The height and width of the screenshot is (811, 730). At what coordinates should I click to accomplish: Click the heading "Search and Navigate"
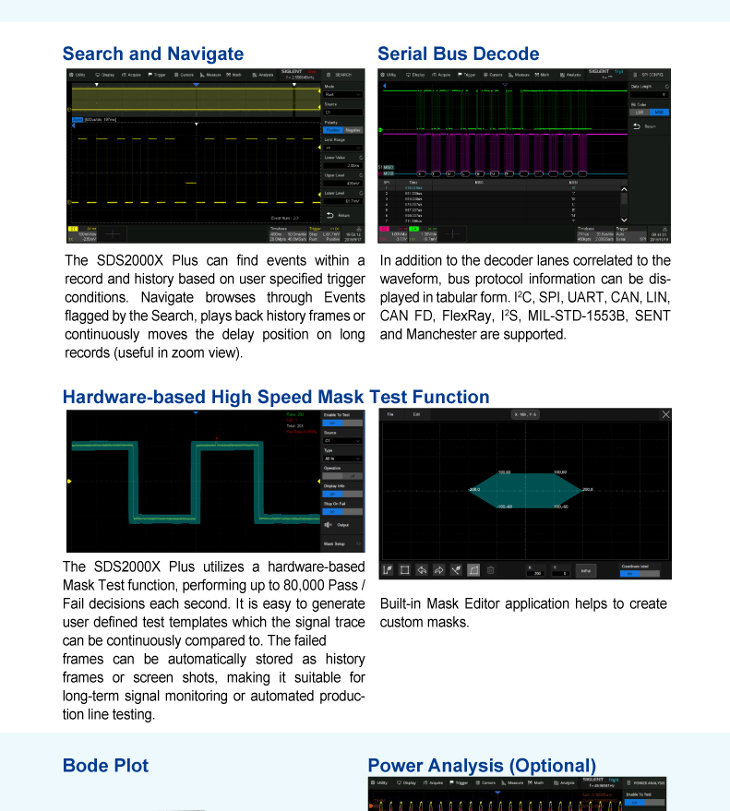click(153, 54)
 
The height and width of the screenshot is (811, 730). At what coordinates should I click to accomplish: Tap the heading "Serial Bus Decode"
click(459, 54)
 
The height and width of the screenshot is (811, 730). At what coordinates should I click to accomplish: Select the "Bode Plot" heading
click(105, 766)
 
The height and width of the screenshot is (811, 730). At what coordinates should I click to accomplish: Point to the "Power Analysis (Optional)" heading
click(482, 766)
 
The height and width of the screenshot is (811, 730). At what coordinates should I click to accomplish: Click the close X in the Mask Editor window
click(666, 415)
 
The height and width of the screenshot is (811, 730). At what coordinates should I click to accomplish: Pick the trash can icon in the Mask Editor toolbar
click(490, 570)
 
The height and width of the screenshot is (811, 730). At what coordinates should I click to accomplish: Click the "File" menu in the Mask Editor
click(390, 415)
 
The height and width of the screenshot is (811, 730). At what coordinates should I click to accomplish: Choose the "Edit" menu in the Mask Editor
click(416, 415)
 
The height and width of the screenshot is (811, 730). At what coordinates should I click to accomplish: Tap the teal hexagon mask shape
click(526, 489)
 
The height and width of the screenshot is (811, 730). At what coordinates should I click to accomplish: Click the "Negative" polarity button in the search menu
click(353, 130)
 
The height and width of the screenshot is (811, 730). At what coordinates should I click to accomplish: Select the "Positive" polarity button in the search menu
click(332, 130)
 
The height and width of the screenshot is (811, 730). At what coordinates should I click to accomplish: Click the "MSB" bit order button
click(659, 113)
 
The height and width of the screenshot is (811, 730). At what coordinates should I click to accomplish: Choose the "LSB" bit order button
click(640, 113)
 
